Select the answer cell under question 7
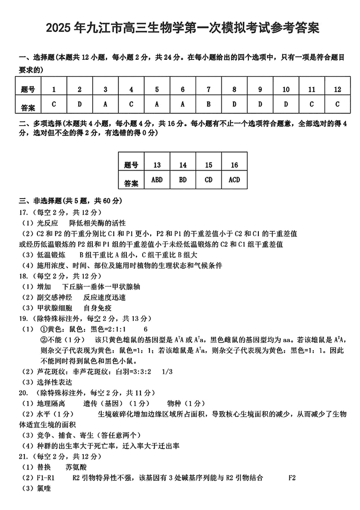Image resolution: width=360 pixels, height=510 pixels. click(x=209, y=104)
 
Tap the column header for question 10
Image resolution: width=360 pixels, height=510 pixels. click(x=286, y=89)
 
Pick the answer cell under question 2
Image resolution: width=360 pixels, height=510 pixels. click(x=80, y=104)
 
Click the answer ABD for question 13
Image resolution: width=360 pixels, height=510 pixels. click(x=157, y=180)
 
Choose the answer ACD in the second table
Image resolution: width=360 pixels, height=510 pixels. click(x=234, y=180)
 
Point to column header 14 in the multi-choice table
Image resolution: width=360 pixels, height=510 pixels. click(x=183, y=165)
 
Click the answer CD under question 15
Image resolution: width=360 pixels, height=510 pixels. click(x=209, y=180)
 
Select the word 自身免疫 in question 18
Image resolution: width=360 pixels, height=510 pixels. click(x=98, y=308)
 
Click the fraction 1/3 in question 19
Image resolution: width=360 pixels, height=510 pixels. click(x=166, y=371)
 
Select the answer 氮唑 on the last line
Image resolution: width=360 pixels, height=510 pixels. click(x=43, y=488)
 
